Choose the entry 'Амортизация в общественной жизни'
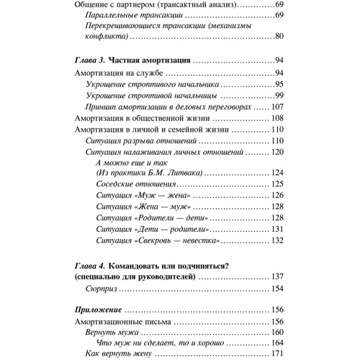[x=140, y=118]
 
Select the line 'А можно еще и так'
[x=127, y=164]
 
